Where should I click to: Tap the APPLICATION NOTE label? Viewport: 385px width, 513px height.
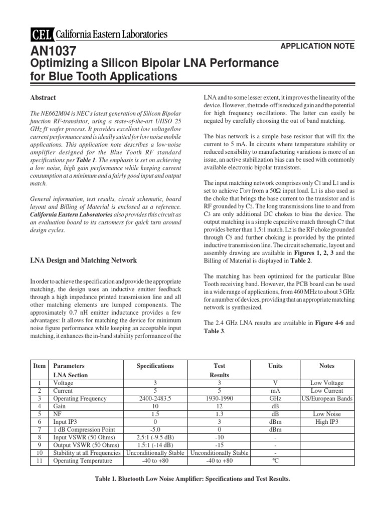tap(318, 46)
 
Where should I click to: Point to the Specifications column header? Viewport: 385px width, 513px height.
tap(155, 366)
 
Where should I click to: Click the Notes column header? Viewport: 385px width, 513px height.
tap(327, 366)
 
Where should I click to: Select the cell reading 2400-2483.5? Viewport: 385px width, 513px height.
tap(155, 399)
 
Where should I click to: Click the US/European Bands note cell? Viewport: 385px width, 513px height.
tap(327, 399)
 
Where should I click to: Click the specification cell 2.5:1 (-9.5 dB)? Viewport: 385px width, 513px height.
tap(155, 437)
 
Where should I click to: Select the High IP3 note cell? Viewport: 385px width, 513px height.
tap(327, 422)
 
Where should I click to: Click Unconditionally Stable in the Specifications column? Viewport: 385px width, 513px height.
tap(155, 453)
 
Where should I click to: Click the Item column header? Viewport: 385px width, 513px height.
tap(39, 366)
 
